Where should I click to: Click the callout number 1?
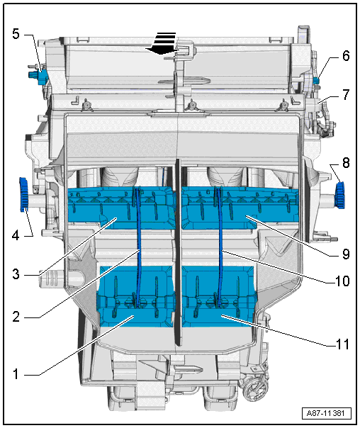16,373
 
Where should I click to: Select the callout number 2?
16,317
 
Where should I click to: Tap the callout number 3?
16,274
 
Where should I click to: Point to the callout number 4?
16,235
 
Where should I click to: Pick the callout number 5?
16,34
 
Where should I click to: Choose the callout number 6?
346,56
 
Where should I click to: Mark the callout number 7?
346,94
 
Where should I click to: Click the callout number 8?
346,163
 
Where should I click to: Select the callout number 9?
346,254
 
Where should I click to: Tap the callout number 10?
342,281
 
